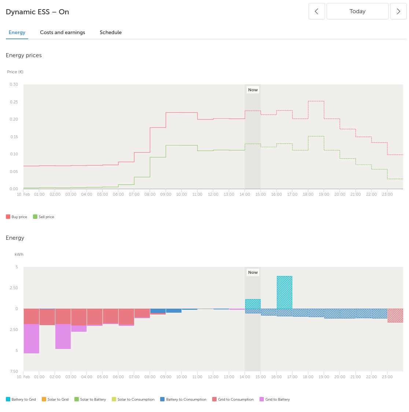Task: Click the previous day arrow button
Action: coord(317,11)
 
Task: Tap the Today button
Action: coord(358,11)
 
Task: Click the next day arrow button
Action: coord(398,11)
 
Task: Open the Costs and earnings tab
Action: coord(63,32)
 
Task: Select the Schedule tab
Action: coord(111,32)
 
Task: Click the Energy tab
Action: coord(17,32)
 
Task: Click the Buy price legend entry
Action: coord(16,217)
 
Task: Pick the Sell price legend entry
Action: coord(44,217)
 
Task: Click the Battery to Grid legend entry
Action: coord(21,400)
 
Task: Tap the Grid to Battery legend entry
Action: coord(275,400)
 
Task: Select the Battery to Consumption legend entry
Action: coord(183,400)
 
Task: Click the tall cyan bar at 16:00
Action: coord(284,293)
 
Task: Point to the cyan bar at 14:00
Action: coord(253,304)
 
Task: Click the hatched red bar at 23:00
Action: coord(395,316)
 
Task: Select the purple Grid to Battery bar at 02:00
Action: coord(63,336)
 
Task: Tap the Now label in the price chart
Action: coord(253,90)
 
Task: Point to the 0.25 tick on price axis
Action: coord(14,102)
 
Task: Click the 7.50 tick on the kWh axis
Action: coord(14,371)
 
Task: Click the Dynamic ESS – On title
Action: coord(37,12)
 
